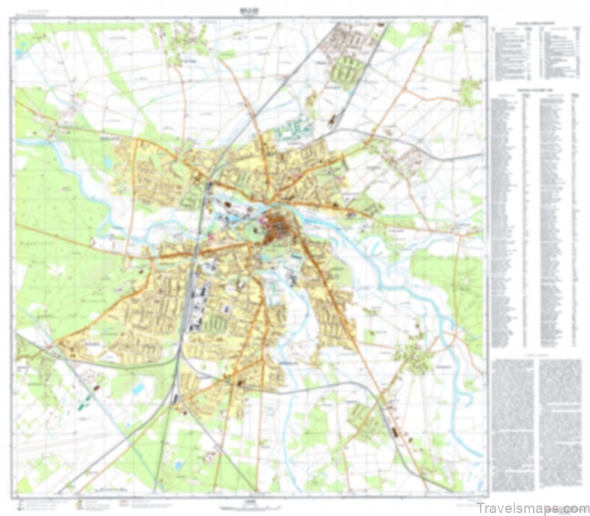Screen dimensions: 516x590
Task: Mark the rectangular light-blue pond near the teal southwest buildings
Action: tap(139, 389)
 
